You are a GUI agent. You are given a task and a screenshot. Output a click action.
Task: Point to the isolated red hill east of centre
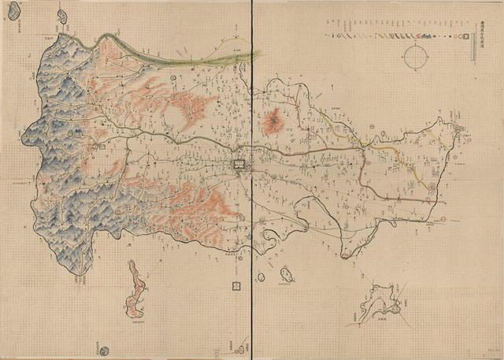pos(274,121)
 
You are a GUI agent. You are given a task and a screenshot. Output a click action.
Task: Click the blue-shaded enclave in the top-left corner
pos(13,10)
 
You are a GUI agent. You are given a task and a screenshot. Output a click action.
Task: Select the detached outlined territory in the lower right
pos(381,303)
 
